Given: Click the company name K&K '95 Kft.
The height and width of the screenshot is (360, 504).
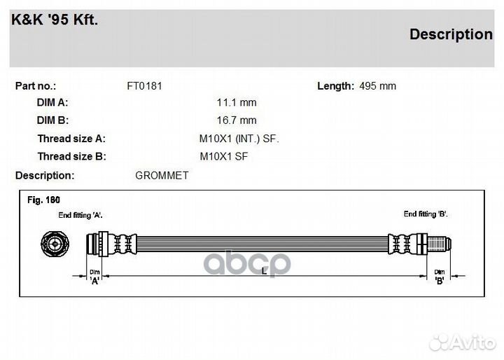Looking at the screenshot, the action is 55,20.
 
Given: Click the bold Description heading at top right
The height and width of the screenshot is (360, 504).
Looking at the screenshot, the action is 451,35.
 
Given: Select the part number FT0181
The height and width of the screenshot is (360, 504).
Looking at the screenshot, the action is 144,86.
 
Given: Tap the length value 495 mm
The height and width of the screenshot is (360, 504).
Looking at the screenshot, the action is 378,86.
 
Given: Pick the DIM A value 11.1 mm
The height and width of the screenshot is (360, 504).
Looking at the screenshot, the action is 237,103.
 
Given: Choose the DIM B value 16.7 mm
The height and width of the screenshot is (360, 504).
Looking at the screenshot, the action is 237,120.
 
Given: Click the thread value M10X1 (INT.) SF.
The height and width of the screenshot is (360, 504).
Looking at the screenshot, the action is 239,139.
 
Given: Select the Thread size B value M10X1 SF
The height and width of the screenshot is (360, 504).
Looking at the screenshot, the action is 224,157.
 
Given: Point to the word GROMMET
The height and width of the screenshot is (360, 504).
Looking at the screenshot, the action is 162,176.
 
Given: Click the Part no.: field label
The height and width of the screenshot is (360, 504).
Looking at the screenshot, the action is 36,86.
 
